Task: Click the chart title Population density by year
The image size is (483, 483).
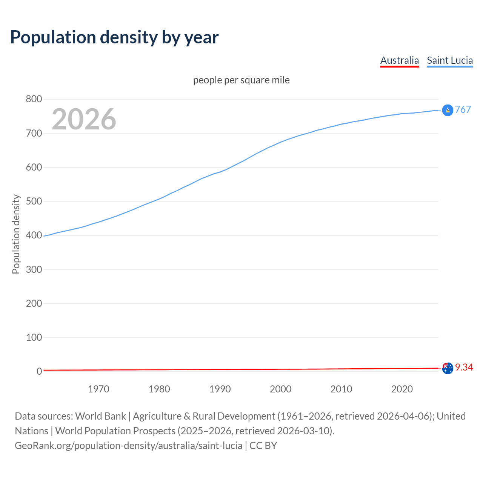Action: [114, 37]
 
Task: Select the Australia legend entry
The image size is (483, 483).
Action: [399, 60]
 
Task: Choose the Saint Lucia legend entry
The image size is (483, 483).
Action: [450, 60]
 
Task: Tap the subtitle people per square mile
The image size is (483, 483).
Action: [241, 80]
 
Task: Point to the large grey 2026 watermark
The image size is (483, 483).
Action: [84, 119]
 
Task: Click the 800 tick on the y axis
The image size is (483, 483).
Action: [34, 99]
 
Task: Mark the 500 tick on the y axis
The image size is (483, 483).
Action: [34, 201]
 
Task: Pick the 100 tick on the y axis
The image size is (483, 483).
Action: [34, 337]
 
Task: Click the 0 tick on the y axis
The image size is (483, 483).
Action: [39, 371]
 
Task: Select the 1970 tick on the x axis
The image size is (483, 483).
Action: [98, 389]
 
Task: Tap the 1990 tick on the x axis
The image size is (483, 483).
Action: [220, 389]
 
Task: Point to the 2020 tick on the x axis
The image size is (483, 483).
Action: [402, 389]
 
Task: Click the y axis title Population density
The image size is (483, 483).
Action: [16, 234]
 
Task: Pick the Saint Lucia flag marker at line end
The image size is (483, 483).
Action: [448, 110]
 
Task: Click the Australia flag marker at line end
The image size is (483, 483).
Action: [448, 368]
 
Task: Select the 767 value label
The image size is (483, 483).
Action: [463, 109]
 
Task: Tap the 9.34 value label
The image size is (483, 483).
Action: [464, 367]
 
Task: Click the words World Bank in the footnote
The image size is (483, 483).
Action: [100, 416]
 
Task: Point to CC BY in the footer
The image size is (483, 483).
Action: [263, 446]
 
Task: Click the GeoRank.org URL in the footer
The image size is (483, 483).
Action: [128, 446]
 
